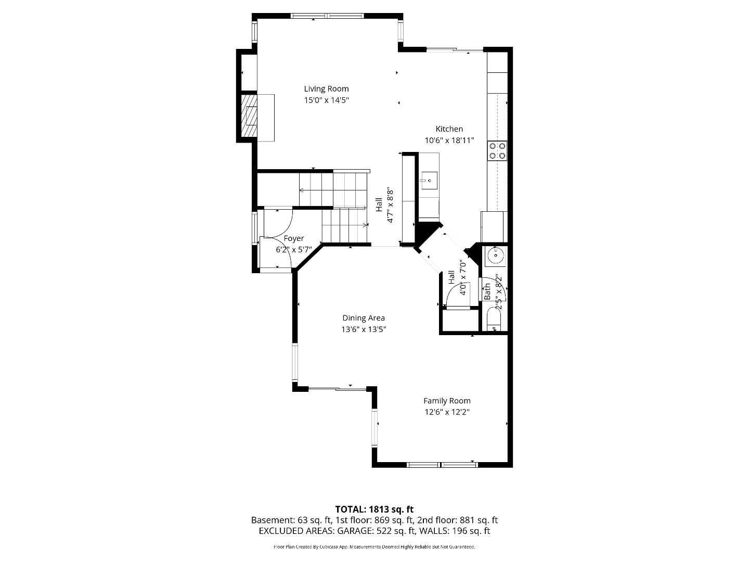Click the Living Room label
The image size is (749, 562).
click(326, 89)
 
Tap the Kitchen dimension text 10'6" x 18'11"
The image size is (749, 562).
click(449, 140)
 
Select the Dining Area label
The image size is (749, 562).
click(364, 318)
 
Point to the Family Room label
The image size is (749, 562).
click(447, 401)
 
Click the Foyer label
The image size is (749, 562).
click(294, 238)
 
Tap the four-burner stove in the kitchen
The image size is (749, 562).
click(497, 150)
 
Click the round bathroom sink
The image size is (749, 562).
click(495, 255)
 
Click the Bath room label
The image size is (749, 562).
click(487, 291)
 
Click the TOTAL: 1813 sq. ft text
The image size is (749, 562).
click(374, 509)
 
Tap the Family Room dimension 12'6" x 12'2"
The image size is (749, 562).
click(447, 412)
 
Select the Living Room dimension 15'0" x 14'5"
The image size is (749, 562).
click(326, 100)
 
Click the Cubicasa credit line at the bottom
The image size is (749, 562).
click(374, 547)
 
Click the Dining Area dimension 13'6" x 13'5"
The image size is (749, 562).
click(364, 329)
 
